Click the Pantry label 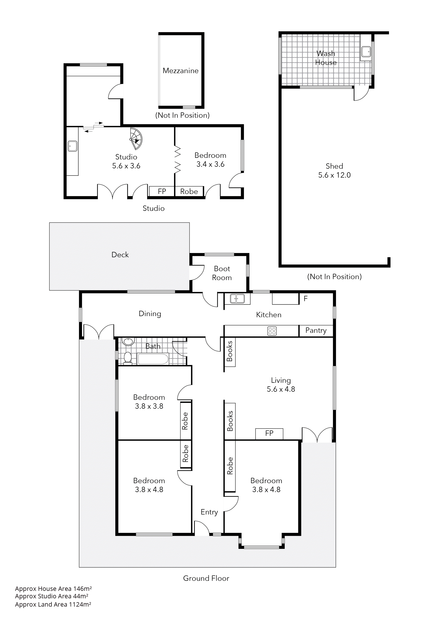click(x=316, y=330)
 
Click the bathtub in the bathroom click(x=153, y=359)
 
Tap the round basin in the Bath click(x=128, y=341)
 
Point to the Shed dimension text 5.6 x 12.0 click(x=334, y=175)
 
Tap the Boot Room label click(x=222, y=273)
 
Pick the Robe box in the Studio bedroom click(x=189, y=192)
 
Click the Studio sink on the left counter click(x=72, y=146)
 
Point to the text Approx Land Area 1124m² click(x=53, y=605)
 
